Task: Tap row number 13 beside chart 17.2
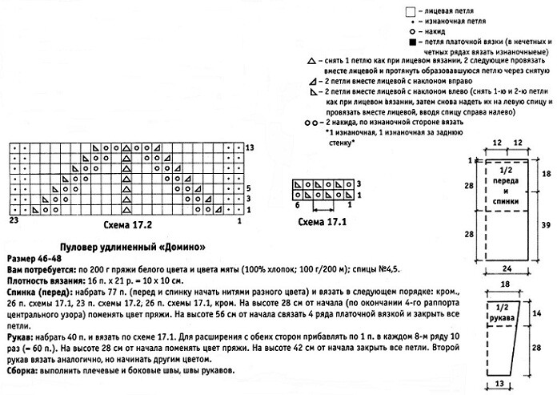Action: click(250, 148)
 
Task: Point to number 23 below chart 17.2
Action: click(14, 219)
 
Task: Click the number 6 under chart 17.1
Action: click(297, 206)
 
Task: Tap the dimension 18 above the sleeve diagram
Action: click(506, 284)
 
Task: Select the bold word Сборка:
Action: click(26, 373)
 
